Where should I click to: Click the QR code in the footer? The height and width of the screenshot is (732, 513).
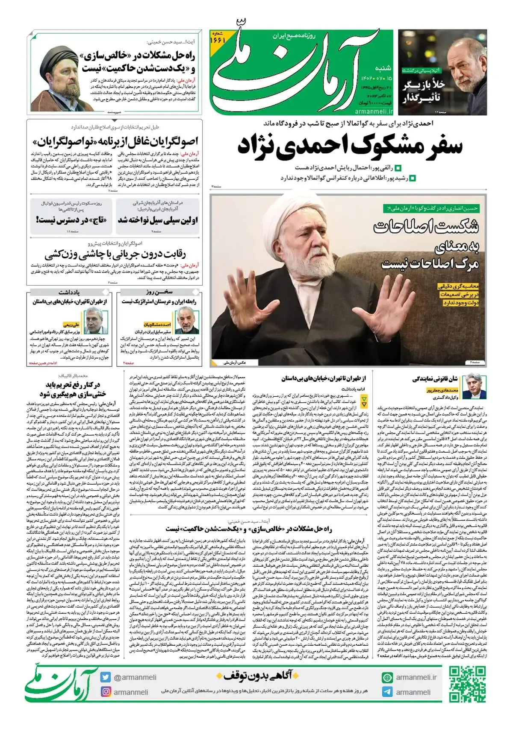tap(468, 684)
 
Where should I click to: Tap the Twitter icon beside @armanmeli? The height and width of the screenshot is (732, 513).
tap(106, 677)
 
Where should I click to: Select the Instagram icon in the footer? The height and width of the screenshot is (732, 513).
tap(106, 692)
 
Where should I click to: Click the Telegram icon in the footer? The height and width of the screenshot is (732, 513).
tap(387, 692)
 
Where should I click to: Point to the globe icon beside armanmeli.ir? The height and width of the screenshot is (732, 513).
tap(387, 677)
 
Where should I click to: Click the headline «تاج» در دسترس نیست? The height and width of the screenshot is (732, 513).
tap(71, 220)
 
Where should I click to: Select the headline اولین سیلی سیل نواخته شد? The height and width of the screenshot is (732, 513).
tap(157, 220)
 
